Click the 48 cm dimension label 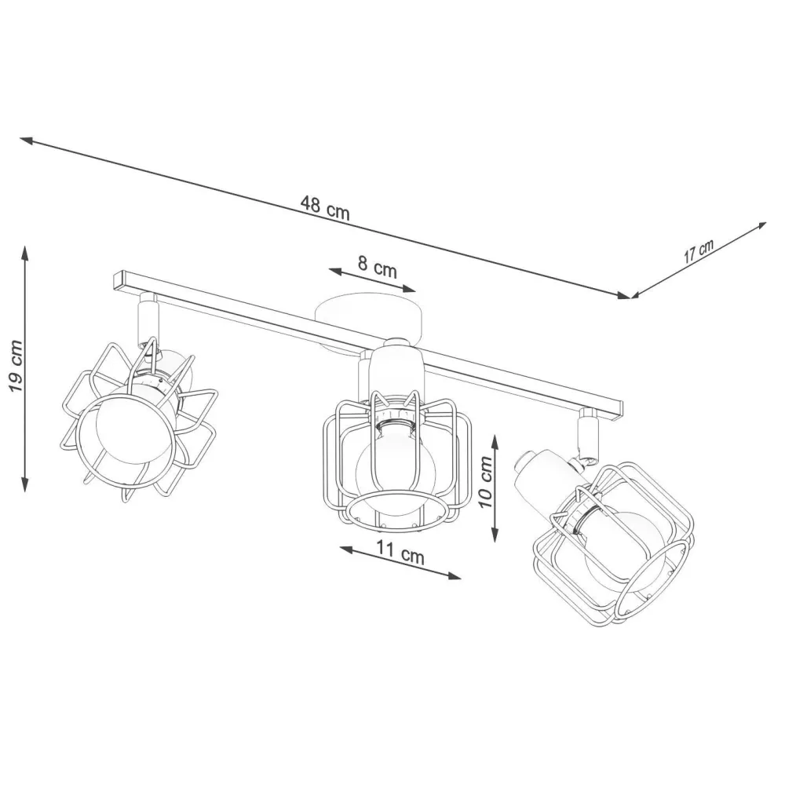(325, 208)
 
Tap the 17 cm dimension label (699, 251)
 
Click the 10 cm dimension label (486, 482)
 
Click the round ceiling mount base (367, 320)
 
